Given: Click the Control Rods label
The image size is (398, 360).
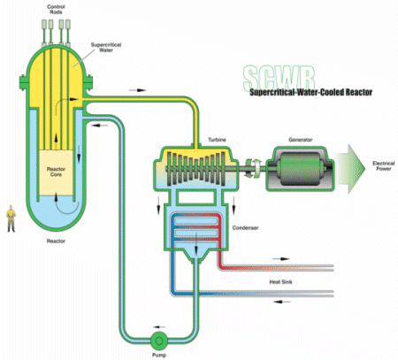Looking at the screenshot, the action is point(56,10).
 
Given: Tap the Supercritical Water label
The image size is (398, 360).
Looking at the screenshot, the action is point(106,47).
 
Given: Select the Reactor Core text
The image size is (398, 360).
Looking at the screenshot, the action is point(56,172).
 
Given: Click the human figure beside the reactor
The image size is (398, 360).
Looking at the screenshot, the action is point(11,218).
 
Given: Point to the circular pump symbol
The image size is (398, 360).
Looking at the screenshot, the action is point(159,341).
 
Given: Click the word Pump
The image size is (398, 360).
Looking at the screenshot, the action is point(159,355).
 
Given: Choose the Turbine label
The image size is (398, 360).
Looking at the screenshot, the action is point(217,140).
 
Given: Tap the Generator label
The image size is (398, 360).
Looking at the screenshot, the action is point(301,140).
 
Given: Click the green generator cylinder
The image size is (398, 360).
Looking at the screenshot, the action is point(300,169).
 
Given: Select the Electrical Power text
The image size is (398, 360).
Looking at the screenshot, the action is point(383,166).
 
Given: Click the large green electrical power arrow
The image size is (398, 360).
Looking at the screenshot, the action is point(350,169).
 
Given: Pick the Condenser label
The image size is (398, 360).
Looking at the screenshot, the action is point(245,228).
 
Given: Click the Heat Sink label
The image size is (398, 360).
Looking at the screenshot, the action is point(280,282).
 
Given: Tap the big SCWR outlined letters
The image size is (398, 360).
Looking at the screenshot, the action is point(279,77).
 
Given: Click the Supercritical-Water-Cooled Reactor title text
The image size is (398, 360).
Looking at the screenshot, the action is point(311,92).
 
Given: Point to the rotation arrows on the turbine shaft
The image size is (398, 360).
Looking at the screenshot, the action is point(253,168).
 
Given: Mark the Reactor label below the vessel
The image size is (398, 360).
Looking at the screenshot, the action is point(56,241).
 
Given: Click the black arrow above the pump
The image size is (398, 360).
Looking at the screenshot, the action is point(159,327).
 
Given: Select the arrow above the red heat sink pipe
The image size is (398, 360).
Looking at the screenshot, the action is point(281,259).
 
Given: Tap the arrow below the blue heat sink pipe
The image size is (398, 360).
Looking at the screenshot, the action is point(281,302).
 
